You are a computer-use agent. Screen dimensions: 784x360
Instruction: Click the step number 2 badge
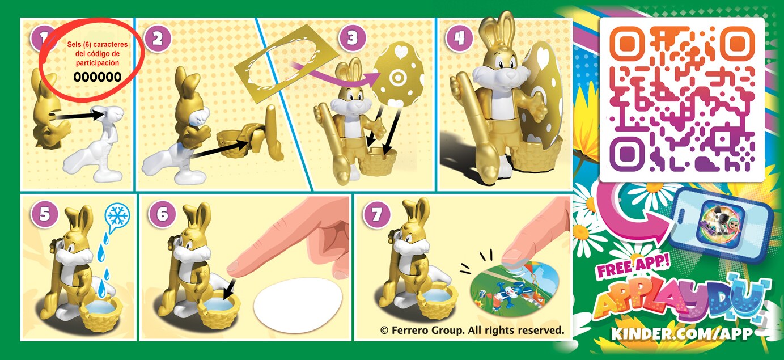pyautogui.click(x=157, y=38)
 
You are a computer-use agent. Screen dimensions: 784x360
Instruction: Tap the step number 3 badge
pyautogui.click(x=353, y=37)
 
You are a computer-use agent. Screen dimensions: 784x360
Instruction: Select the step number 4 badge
pyautogui.click(x=459, y=37)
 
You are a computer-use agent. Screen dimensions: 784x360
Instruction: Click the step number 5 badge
pyautogui.click(x=44, y=214)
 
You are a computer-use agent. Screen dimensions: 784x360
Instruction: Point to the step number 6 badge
pyautogui.click(x=162, y=214)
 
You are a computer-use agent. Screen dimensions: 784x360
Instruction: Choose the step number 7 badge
pyautogui.click(x=376, y=214)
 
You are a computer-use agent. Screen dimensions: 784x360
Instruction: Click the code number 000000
pyautogui.click(x=98, y=77)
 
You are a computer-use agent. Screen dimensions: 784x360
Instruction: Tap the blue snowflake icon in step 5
pyautogui.click(x=118, y=218)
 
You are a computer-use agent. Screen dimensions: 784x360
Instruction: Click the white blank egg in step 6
pyautogui.click(x=298, y=305)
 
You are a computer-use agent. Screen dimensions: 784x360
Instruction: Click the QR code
pyautogui.click(x=681, y=99)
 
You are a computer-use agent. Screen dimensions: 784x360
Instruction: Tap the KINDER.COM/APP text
pyautogui.click(x=682, y=333)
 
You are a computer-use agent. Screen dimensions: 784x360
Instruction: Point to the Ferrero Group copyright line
pyautogui.click(x=472, y=330)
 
